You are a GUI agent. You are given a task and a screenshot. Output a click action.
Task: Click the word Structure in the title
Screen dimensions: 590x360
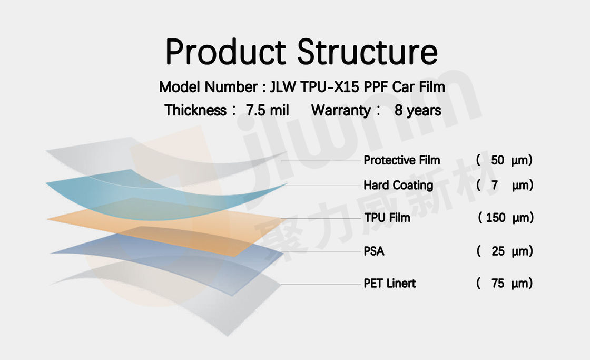(368, 52)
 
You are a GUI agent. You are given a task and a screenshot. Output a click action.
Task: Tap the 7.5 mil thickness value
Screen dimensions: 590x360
(267, 110)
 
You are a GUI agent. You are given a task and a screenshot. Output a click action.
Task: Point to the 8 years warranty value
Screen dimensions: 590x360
(418, 110)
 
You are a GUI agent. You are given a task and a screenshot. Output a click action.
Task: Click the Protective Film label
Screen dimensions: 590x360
(401, 160)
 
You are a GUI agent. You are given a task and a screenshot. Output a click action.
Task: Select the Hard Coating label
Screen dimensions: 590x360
(398, 186)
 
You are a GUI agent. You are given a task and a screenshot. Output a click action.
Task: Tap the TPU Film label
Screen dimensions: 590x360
(387, 218)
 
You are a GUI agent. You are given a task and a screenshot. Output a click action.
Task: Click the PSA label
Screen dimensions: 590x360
(373, 251)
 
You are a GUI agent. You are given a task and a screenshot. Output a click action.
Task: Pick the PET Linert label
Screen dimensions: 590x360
(389, 283)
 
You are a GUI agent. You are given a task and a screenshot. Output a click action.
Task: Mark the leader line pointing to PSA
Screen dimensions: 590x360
(321, 251)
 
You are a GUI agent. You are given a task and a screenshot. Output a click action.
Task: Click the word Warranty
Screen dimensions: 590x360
(341, 110)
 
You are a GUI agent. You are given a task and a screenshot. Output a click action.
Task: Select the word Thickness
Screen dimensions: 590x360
(195, 110)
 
